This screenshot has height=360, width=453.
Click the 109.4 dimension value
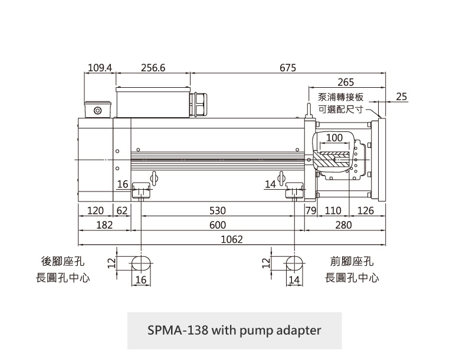[x=100, y=68]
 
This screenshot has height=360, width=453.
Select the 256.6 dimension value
[x=153, y=68]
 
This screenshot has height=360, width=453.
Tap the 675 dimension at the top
[x=288, y=68]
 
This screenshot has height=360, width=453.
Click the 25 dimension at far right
[x=402, y=96]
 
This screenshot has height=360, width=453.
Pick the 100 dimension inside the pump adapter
[x=334, y=138]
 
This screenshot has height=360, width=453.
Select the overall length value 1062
[x=232, y=239]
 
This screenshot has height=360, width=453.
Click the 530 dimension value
[x=218, y=211]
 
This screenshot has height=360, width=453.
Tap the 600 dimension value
[x=218, y=225]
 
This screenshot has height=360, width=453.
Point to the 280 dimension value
[x=343, y=225]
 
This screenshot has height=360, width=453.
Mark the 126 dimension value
[x=366, y=211]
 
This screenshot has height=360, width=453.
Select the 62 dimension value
[x=122, y=211]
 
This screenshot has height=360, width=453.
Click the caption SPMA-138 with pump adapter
[x=234, y=330]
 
